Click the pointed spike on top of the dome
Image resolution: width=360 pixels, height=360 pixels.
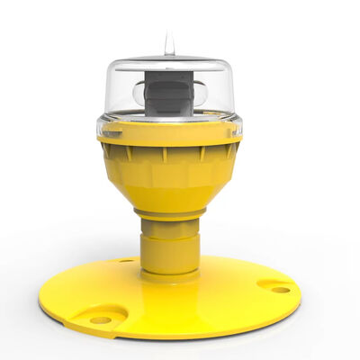[x=167, y=42]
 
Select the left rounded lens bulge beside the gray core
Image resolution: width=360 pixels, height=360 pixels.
[x=139, y=92]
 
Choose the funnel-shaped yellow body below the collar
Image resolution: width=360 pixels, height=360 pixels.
[x=168, y=175]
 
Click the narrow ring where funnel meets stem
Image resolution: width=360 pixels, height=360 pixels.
[x=168, y=214]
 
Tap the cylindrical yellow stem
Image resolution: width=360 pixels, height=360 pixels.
[x=168, y=243]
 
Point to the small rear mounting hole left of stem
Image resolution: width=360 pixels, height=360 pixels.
[x=125, y=261]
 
